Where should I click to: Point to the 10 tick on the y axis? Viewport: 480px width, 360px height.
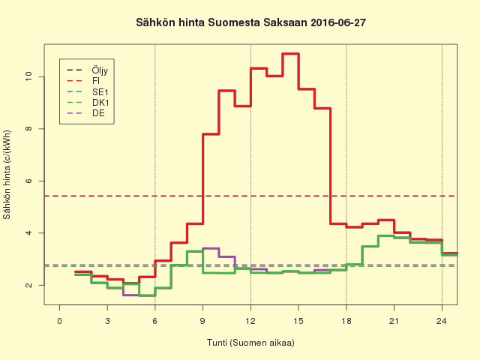pyautogui.click(x=28, y=76)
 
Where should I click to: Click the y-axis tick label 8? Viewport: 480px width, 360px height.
pyautogui.click(x=28, y=129)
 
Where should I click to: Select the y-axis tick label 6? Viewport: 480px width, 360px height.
pyautogui.click(x=28, y=181)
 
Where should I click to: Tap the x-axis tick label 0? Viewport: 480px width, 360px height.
pyautogui.click(x=60, y=321)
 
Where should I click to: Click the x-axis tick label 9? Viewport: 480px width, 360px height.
pyautogui.click(x=203, y=321)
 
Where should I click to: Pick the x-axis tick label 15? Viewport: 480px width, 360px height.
pyautogui.click(x=298, y=321)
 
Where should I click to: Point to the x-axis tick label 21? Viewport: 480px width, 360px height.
pyautogui.click(x=394, y=321)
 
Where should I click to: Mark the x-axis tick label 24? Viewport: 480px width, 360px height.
pyautogui.click(x=442, y=321)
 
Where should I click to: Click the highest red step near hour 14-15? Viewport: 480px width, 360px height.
pyautogui.click(x=290, y=54)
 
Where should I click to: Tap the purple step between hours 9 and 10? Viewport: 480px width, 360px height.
pyautogui.click(x=211, y=248)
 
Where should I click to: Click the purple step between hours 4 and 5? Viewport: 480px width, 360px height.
pyautogui.click(x=131, y=295)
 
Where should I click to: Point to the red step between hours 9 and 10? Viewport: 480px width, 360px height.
pyautogui.click(x=211, y=134)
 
